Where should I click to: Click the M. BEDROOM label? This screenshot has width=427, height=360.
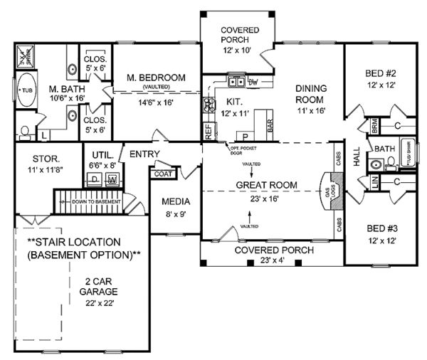point(157,78)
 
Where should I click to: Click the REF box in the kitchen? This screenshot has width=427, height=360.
point(209,131)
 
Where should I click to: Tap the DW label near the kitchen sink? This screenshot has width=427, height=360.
point(253,83)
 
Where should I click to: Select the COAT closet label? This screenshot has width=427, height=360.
point(162,172)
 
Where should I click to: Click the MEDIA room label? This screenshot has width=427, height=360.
point(174,201)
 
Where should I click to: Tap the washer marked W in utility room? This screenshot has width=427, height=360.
point(112,181)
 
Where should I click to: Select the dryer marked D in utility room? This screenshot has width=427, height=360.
point(95,181)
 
